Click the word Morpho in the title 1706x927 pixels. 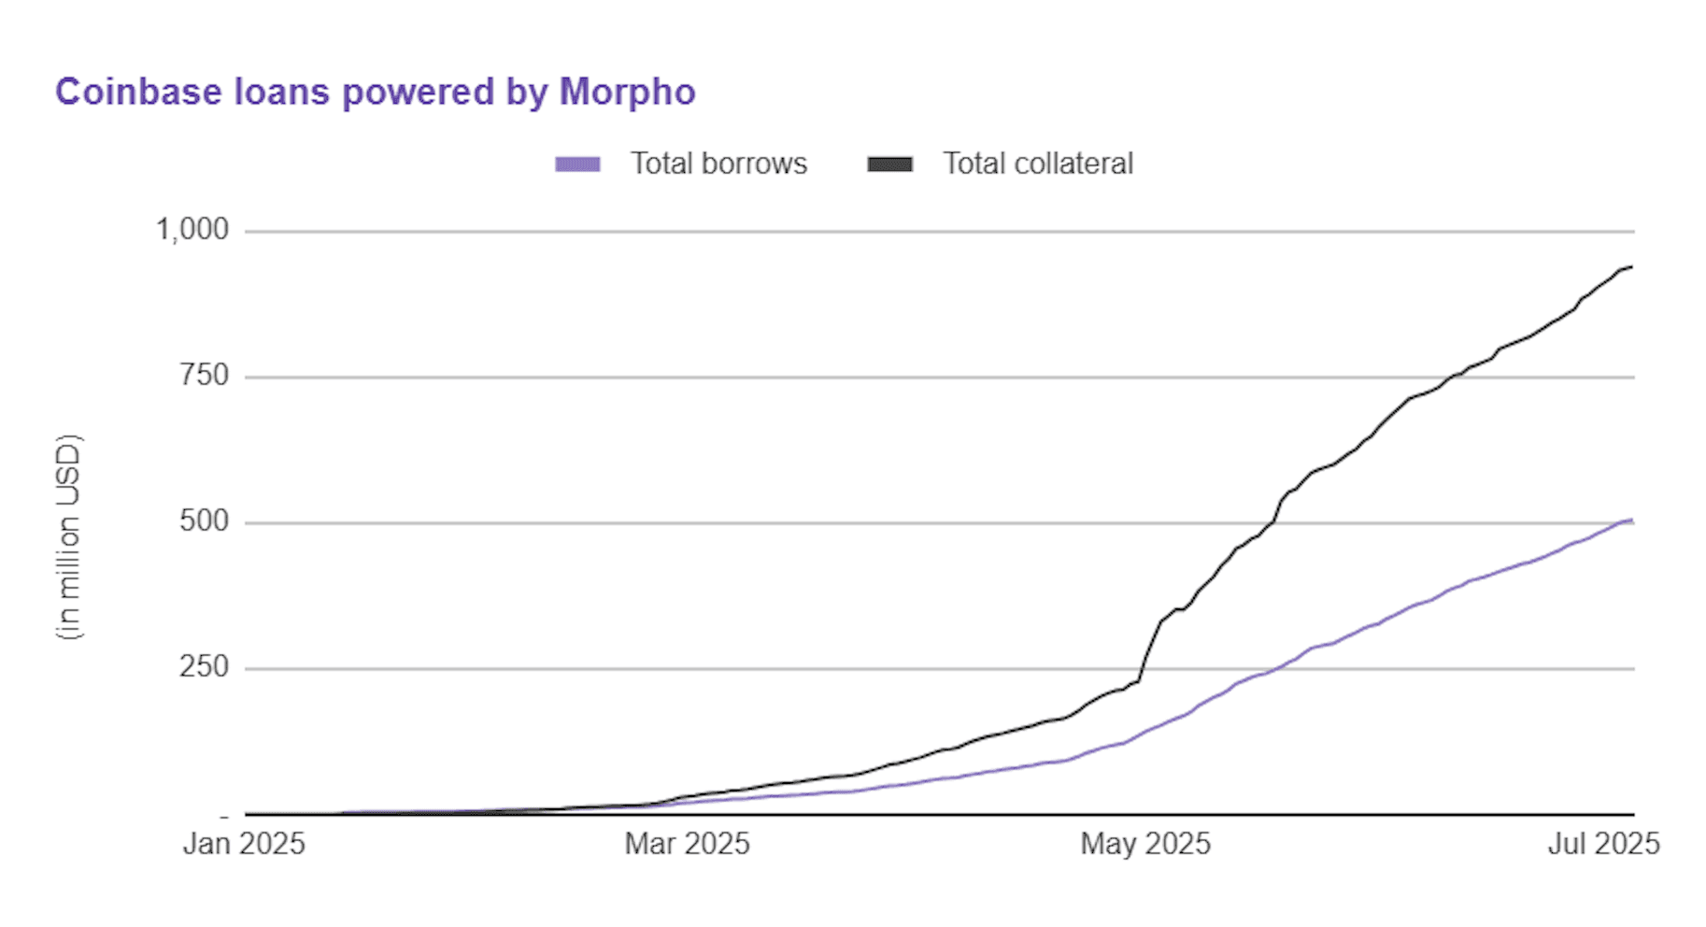[627, 93]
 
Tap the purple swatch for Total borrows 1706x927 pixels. [577, 164]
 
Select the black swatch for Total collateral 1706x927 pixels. [889, 164]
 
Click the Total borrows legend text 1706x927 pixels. [718, 164]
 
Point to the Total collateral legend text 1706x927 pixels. [1037, 164]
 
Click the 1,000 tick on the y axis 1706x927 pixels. [192, 229]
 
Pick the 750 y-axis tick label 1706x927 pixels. [204, 376]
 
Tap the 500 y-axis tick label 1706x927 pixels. [204, 521]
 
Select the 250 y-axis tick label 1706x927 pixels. [204, 667]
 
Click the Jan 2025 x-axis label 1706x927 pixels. [244, 844]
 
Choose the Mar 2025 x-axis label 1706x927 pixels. [687, 844]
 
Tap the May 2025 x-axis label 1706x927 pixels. [1145, 844]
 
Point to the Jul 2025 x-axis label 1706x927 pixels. [1603, 844]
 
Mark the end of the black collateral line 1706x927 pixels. [1631, 267]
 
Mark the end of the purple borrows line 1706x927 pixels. [1631, 521]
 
